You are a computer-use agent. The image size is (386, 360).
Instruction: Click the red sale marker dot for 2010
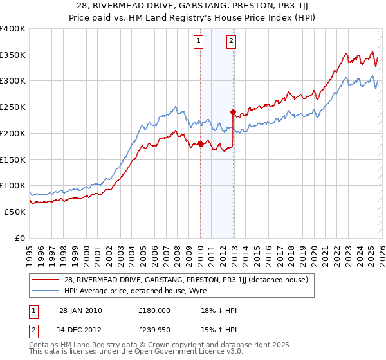(x=200, y=144)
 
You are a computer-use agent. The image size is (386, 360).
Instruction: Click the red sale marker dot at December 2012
(x=233, y=112)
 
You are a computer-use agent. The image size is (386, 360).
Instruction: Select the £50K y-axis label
(x=15, y=212)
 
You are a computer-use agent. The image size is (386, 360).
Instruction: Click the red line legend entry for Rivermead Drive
(x=187, y=280)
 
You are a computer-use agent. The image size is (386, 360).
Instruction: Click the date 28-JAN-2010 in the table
(x=77, y=310)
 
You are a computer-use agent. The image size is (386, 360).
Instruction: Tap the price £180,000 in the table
(x=154, y=310)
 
